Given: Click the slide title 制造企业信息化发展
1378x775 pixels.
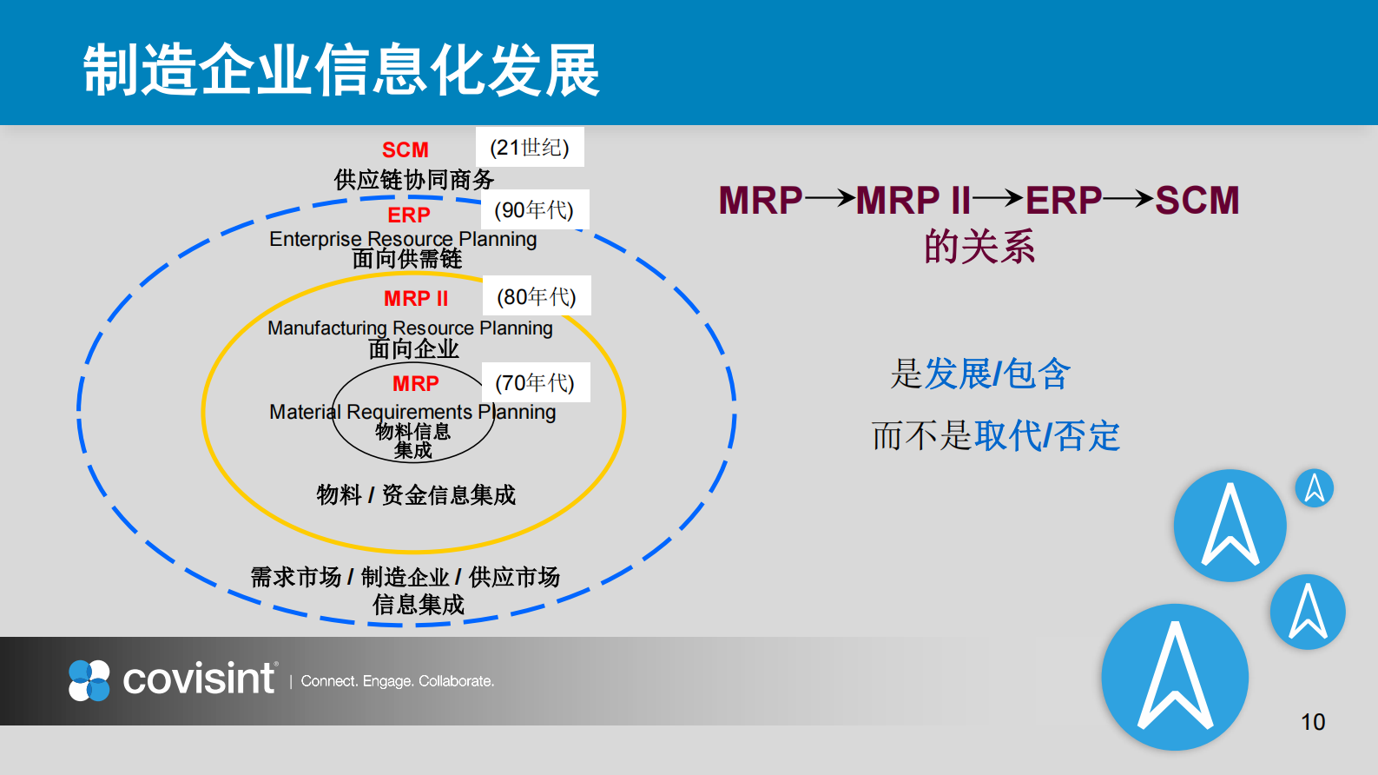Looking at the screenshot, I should (340, 70).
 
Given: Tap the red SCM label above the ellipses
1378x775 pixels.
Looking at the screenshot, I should (405, 150).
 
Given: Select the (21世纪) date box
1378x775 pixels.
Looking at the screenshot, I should (530, 147).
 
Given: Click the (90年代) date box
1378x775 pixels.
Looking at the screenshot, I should (534, 209).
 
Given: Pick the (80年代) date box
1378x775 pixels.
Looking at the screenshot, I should (537, 296).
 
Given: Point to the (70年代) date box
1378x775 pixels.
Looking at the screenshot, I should (535, 382).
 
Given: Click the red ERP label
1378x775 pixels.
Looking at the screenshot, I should (408, 215).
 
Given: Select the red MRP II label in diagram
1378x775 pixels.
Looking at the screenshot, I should (416, 298).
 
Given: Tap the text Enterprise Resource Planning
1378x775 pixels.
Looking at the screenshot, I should (403, 238).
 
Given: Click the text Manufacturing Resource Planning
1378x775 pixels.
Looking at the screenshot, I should (410, 328).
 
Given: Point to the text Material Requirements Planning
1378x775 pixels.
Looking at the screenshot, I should (412, 411).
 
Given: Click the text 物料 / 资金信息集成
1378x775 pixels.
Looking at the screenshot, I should (416, 494).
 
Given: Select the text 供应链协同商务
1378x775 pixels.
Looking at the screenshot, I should (414, 179).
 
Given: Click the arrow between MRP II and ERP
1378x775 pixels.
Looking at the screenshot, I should (998, 199).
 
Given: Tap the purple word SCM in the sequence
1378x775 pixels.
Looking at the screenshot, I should (1197, 200).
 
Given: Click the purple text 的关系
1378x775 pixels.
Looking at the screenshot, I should (979, 247).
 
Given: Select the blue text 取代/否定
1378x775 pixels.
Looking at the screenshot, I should (1047, 435).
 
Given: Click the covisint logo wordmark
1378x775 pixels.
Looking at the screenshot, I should (198, 679).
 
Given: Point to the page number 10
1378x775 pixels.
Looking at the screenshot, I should (1312, 721).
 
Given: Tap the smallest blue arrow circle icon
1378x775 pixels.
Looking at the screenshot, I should (1314, 488).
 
